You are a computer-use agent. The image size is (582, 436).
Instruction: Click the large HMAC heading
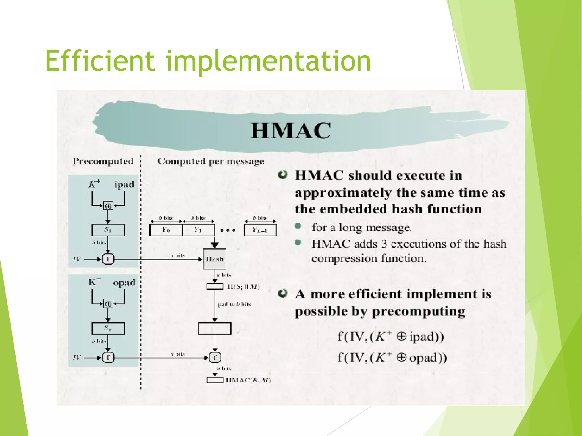[290, 131]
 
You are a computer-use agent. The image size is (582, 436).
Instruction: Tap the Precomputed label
[103, 161]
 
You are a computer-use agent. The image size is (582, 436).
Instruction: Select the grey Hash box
[215, 259]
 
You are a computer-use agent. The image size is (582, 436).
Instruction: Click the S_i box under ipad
[108, 230]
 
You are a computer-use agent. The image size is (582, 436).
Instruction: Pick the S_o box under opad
[108, 328]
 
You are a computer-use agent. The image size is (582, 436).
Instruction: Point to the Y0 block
[166, 230]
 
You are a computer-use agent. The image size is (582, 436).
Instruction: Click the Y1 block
[198, 230]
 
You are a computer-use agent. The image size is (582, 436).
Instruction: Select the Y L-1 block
[260, 230]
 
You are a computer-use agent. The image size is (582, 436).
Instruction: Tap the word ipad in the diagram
[124, 185]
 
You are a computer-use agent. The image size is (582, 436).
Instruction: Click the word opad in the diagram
[124, 283]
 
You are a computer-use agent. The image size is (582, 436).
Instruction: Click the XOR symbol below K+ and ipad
[108, 206]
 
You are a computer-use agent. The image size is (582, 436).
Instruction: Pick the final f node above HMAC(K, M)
[215, 357]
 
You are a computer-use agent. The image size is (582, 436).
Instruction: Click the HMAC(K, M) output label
[248, 380]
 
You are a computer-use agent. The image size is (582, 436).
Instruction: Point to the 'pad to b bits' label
[234, 305]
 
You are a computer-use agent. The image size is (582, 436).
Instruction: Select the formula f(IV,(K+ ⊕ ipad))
[390, 337]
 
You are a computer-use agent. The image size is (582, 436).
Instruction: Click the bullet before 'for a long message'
[298, 226]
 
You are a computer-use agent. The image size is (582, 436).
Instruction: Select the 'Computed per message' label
[211, 161]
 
